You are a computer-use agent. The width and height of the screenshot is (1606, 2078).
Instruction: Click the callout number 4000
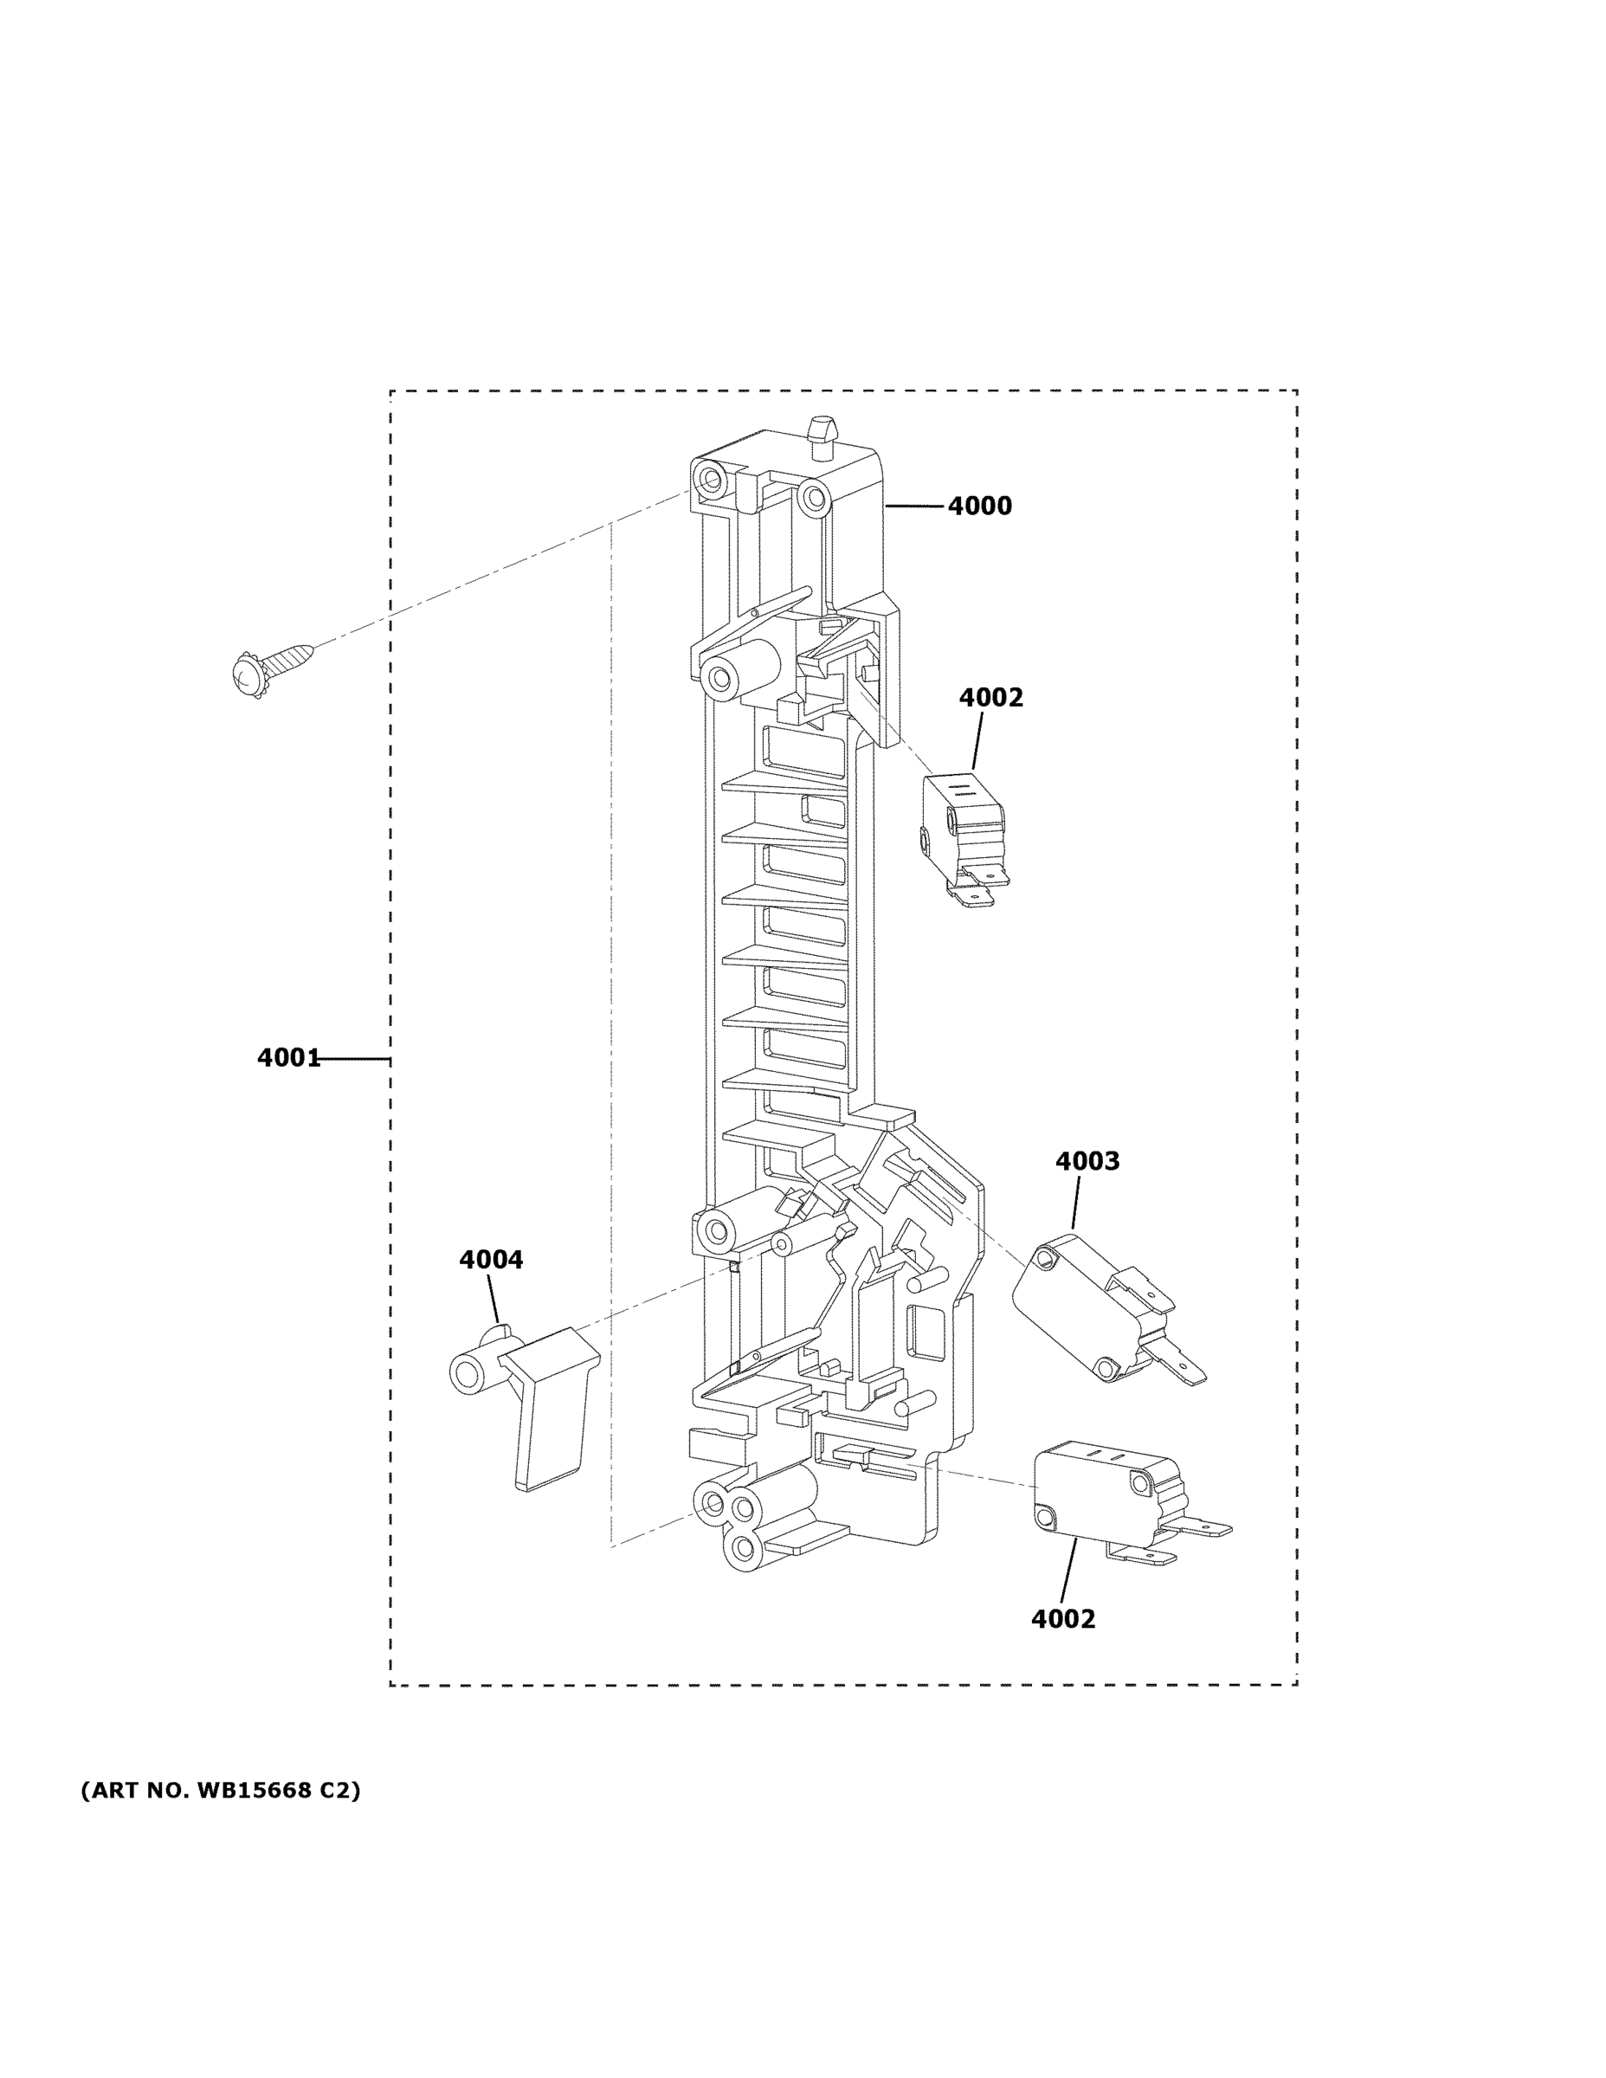coord(979,507)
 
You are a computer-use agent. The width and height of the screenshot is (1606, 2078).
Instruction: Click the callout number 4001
coord(288,1058)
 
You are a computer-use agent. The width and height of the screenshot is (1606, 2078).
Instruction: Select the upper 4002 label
coord(990,697)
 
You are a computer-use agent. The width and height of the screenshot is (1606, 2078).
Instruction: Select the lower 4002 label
coord(1063,1618)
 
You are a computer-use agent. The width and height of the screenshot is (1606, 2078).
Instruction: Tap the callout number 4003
coord(1087,1161)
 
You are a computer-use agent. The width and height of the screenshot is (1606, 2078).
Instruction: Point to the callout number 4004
coord(491,1260)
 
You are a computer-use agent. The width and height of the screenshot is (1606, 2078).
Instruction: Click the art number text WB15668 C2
coord(221,1791)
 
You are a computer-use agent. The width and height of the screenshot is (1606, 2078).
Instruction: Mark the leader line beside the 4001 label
coord(354,1058)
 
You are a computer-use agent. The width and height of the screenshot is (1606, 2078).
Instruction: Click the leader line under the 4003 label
coord(1076,1201)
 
